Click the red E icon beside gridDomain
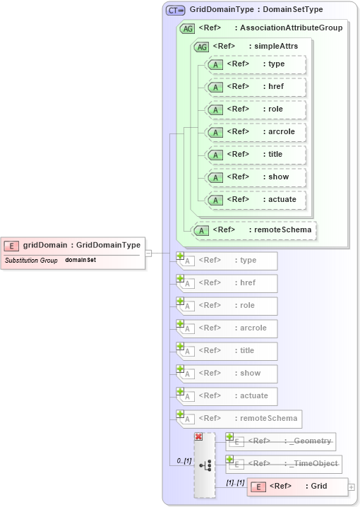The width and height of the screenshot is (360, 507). click(x=11, y=245)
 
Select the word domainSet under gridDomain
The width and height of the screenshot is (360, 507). click(x=80, y=260)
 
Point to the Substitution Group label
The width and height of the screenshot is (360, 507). click(x=31, y=260)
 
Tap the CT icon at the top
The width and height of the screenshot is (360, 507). click(x=174, y=10)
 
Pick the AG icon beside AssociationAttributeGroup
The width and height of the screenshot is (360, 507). click(x=188, y=28)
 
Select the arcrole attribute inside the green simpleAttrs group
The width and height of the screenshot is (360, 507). click(x=257, y=132)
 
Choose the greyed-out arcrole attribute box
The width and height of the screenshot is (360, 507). click(x=227, y=328)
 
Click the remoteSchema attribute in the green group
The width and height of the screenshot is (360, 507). click(x=255, y=229)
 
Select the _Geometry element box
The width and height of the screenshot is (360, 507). click(x=281, y=441)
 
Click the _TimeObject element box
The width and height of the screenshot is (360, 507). click(x=284, y=464)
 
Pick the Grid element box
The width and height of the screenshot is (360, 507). click(x=297, y=487)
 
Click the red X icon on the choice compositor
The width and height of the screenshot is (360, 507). click(x=198, y=437)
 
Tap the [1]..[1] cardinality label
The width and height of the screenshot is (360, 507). click(x=234, y=482)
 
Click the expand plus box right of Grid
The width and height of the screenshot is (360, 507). click(x=352, y=487)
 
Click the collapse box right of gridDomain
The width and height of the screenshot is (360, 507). click(x=149, y=252)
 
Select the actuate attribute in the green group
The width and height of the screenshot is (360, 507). click(x=257, y=200)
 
